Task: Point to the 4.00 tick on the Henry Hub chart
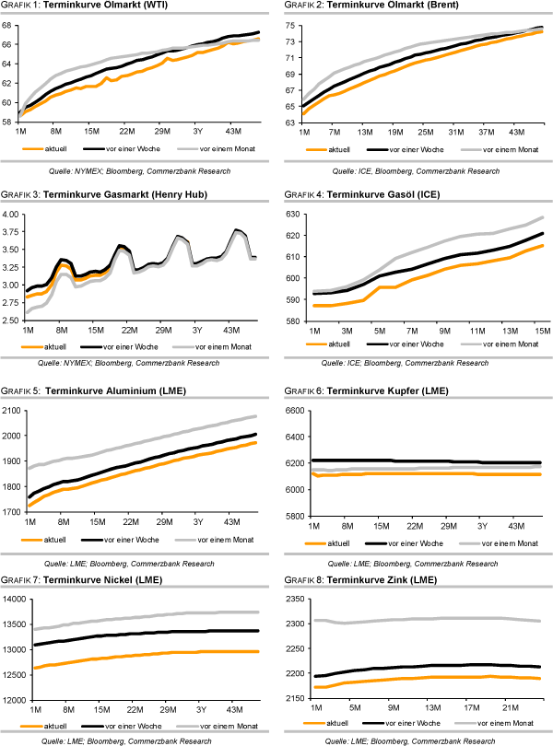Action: point(10,214)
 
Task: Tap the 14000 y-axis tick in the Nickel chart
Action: point(13,600)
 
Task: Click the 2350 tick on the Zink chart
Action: point(294,600)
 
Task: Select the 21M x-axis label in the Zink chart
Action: point(507,707)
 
